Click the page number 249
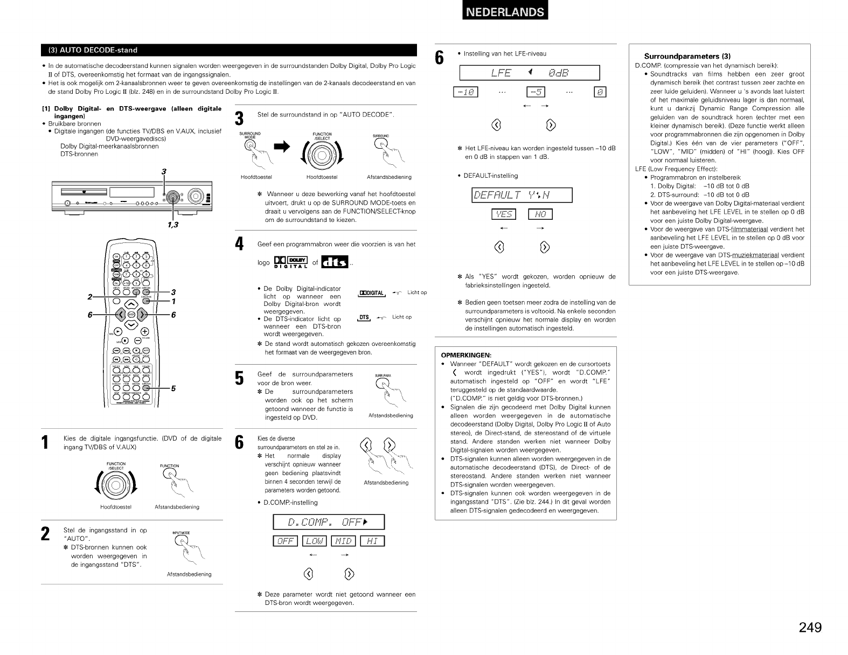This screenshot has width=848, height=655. [810, 628]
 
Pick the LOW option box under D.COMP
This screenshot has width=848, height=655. [315, 541]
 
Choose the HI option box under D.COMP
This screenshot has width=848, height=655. [372, 541]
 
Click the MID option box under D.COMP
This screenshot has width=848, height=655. [343, 541]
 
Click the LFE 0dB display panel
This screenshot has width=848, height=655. [530, 73]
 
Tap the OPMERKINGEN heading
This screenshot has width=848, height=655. [465, 355]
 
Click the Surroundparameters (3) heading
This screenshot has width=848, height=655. [687, 57]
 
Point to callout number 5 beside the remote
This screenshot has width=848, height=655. [173, 389]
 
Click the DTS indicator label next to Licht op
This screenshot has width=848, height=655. [364, 317]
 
